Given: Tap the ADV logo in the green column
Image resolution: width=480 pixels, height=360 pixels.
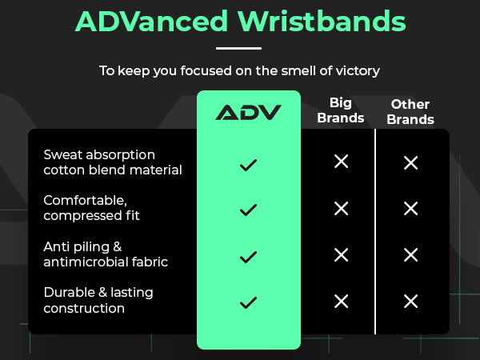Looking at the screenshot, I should pos(248,112).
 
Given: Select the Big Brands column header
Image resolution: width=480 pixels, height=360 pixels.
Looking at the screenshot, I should pos(341,110).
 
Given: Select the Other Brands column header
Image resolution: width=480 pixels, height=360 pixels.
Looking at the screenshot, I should pos(410,112).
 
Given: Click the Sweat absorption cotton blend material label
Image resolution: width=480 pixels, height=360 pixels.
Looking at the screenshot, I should pos(113,162).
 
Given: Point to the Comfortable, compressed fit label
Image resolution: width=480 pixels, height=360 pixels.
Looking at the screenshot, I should pos(96,208).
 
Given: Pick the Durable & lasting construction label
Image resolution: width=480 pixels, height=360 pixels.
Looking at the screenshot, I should pos(98,300).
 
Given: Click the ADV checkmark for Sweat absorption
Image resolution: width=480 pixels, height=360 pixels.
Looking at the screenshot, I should pos(248,165).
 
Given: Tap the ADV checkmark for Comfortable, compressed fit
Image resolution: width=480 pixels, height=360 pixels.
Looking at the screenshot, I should pos(248,210).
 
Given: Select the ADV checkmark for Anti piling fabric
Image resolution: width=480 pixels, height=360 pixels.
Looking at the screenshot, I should pos(248,256).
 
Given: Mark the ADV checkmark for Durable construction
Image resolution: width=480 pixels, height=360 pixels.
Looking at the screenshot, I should pos(248,302).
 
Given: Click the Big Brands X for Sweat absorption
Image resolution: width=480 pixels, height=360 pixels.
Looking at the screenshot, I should pos(341,162).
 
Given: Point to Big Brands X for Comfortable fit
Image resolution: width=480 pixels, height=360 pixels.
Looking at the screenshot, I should pos(341,208).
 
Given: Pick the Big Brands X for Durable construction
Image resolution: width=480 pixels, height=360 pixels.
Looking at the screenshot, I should pos(341,301).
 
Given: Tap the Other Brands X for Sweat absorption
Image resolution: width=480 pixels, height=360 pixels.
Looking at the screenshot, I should pos(410,162).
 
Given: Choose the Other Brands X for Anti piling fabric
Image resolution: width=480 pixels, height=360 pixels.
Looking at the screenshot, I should pos(410,255).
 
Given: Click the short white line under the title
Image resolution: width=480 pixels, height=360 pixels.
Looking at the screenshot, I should pos(239,49).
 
